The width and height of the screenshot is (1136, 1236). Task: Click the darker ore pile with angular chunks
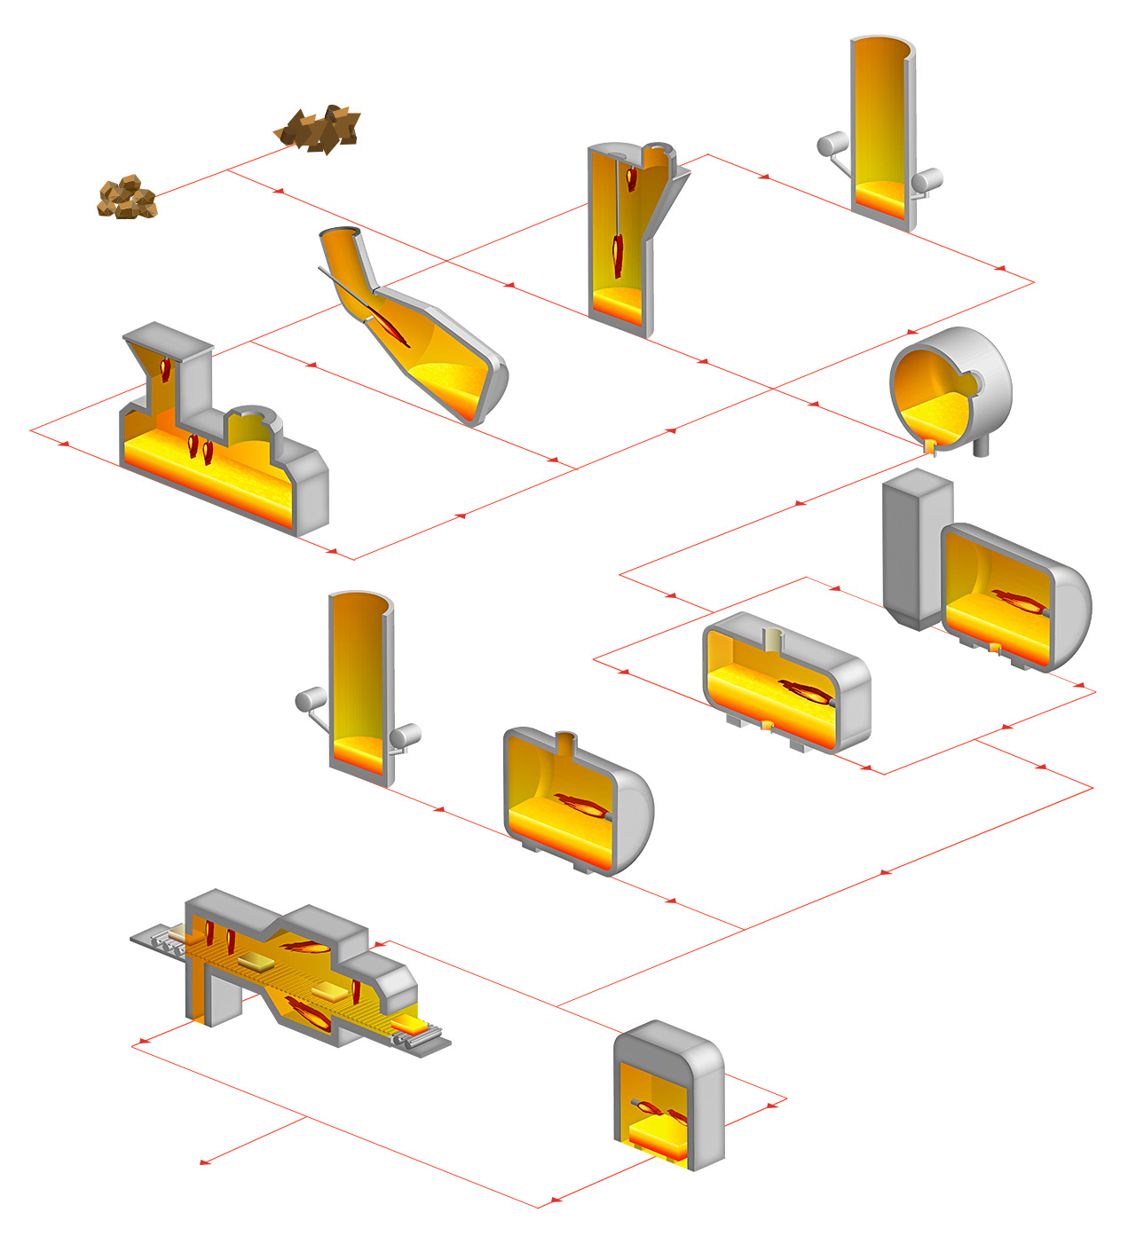(x=319, y=128)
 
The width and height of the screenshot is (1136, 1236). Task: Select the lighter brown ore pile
(x=126, y=197)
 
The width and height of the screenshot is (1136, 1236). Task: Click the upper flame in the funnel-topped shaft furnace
(x=631, y=178)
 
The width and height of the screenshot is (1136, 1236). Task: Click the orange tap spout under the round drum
(x=929, y=446)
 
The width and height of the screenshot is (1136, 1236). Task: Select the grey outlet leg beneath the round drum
(x=982, y=447)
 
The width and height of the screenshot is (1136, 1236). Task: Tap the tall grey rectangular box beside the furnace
(x=917, y=550)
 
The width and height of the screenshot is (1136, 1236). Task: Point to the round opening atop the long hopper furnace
(x=256, y=413)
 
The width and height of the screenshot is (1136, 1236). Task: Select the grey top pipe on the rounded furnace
(x=566, y=742)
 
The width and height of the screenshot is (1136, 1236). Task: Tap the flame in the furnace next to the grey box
(x=1017, y=602)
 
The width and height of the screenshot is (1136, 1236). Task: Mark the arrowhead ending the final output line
(x=204, y=1161)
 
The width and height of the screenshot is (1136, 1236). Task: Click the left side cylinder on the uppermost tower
(x=832, y=143)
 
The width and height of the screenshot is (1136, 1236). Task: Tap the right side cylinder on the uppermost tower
(x=927, y=180)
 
